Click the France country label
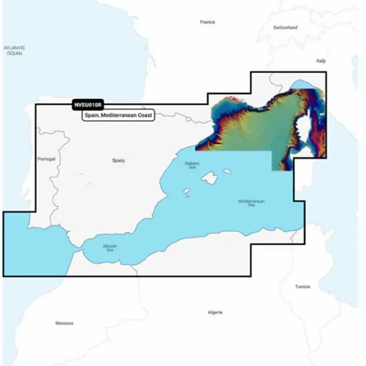(207, 22)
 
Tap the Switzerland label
(285, 27)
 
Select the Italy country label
(320, 61)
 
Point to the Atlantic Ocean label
(14, 50)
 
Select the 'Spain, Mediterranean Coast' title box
(118, 115)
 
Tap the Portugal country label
(47, 159)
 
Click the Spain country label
(118, 161)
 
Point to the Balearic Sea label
(192, 165)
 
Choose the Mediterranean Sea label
(251, 203)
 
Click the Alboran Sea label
(110, 248)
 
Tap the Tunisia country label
(302, 287)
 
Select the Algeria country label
(215, 312)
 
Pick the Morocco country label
(64, 323)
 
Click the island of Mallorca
(209, 178)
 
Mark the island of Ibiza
(186, 192)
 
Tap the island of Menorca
(226, 171)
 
